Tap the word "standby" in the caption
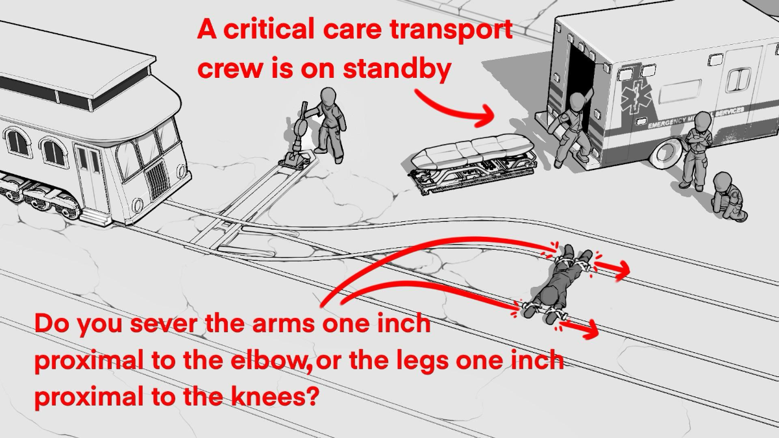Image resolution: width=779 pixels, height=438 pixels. click(397, 69)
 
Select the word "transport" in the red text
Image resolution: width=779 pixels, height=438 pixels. click(451, 30)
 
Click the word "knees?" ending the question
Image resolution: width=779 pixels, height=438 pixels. click(275, 396)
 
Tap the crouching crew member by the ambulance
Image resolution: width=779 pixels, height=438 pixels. click(728, 197)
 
